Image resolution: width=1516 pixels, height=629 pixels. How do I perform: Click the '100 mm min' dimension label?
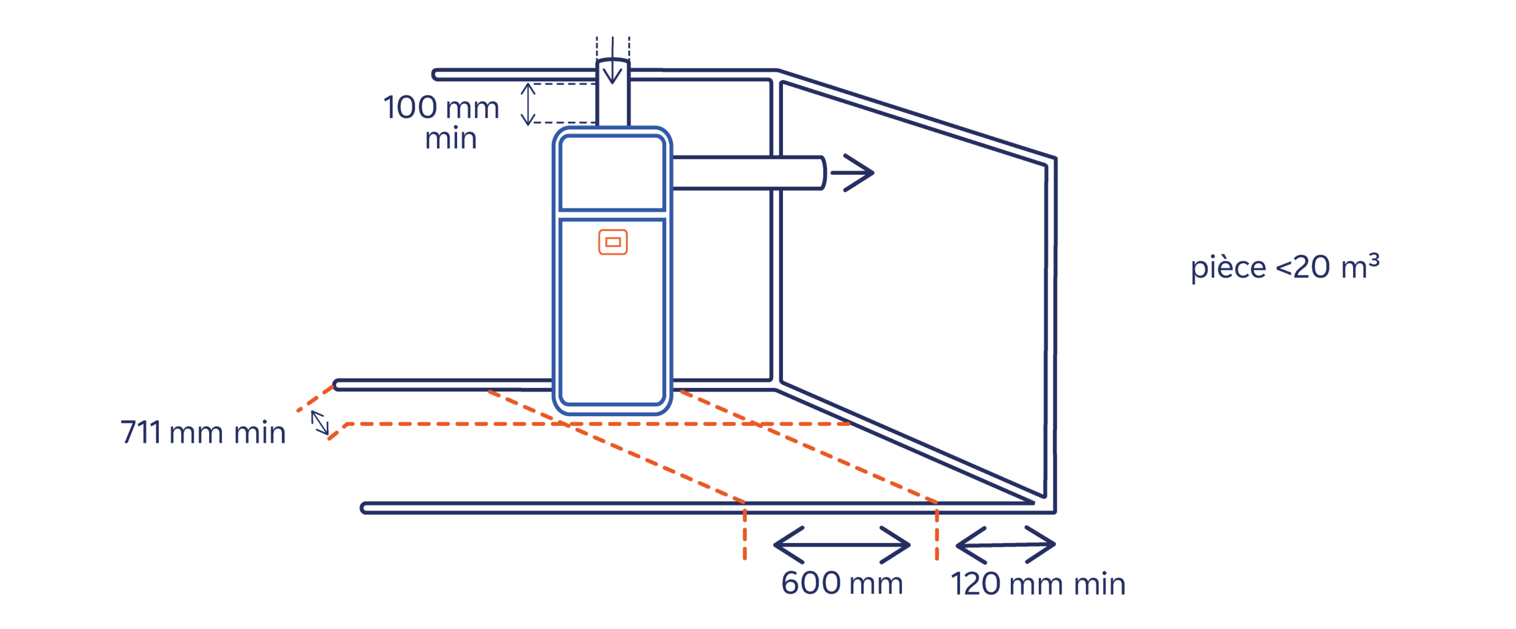(441, 121)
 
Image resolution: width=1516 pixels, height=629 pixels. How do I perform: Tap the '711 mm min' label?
(203, 432)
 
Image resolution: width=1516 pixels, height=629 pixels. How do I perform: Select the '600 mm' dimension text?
(841, 583)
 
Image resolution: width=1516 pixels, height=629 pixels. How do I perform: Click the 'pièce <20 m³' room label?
(1284, 267)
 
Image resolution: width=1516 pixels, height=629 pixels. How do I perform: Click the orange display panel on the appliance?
(612, 242)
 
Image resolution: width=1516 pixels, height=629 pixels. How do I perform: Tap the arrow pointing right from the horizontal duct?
(852, 172)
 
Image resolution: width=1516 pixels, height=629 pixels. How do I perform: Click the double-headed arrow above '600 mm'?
(841, 544)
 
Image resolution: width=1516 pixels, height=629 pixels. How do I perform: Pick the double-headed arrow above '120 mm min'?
(1005, 544)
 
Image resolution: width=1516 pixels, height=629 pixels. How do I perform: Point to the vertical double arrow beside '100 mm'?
(528, 104)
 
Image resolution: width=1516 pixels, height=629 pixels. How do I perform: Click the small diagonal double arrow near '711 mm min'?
(320, 422)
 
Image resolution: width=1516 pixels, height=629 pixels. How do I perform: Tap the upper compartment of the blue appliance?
(612, 172)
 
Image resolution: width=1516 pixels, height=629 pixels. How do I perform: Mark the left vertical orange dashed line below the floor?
(744, 533)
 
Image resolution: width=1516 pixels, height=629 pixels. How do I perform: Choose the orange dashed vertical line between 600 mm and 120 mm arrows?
(936, 533)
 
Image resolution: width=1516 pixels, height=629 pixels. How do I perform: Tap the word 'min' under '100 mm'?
(451, 139)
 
